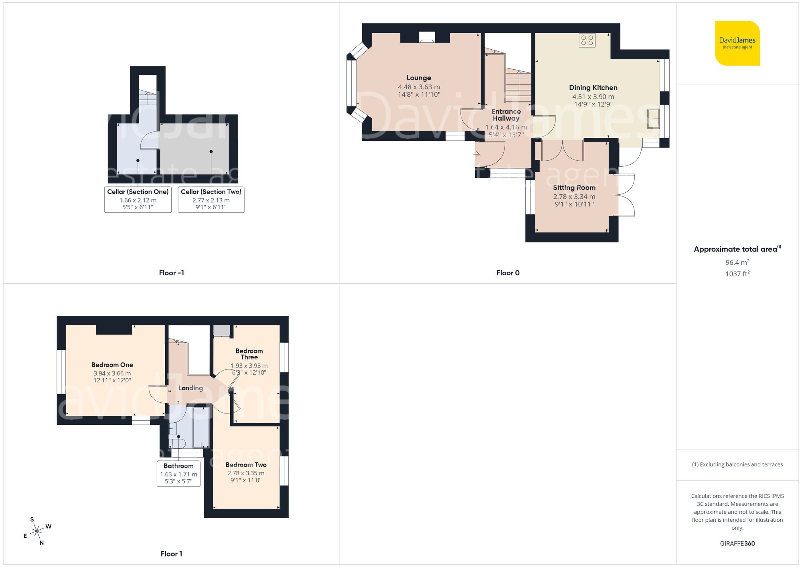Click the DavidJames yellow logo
pos(737,43)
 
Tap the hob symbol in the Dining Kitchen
pos(587,40)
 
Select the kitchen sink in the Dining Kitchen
pos(653,119)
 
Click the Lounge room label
pos(419,78)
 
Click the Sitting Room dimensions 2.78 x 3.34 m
pos(574,197)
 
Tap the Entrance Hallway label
pos(506,115)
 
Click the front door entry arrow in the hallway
pos(477,154)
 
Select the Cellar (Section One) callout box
pos(138,199)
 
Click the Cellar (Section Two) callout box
pos(211,199)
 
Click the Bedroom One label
pos(112,365)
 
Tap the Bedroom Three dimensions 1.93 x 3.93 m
pos(249,366)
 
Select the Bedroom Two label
pos(246,465)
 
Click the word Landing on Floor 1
pos(190,388)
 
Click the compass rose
pos(37,531)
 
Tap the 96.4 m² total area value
pos(737,262)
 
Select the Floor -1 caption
pos(171,273)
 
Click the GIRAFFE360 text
pos(737,543)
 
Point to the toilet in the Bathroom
pos(177,443)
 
